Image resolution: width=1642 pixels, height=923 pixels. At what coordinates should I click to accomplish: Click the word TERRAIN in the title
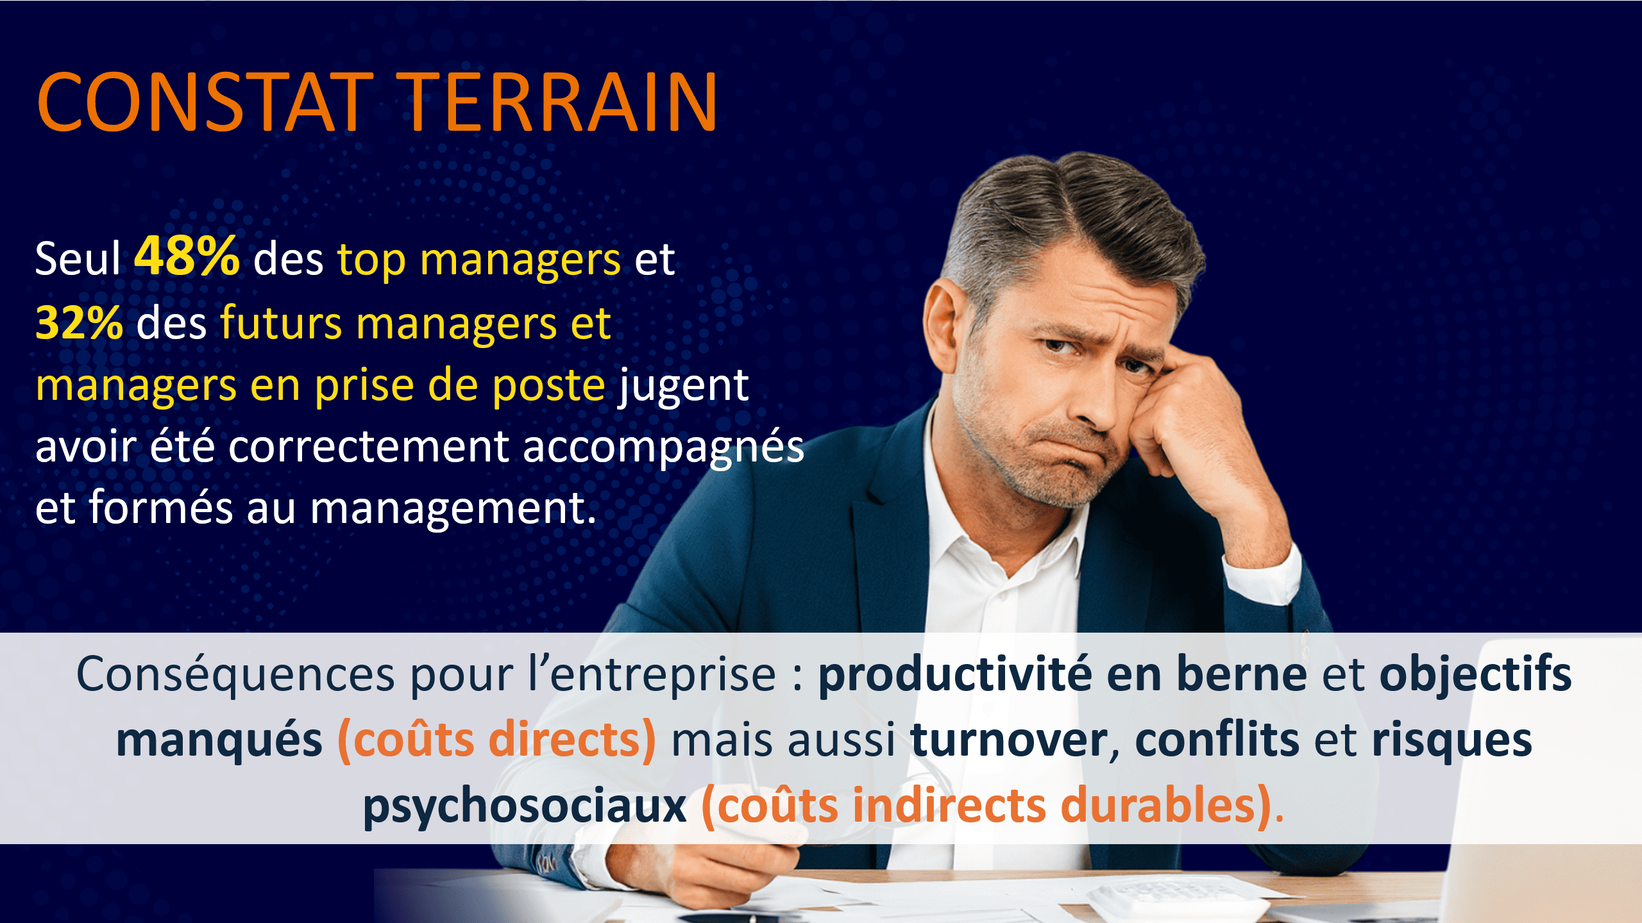tap(557, 102)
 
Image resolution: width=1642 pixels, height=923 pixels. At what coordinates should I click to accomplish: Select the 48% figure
tap(187, 256)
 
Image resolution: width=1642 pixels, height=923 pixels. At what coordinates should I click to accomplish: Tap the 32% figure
tap(79, 322)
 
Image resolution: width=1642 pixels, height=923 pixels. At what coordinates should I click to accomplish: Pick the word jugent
tap(683, 387)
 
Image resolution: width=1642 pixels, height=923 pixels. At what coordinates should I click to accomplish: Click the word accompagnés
tap(663, 448)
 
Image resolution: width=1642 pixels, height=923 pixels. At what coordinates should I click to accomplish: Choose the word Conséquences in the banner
tap(235, 674)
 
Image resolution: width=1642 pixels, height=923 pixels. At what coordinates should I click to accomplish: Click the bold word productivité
tap(955, 674)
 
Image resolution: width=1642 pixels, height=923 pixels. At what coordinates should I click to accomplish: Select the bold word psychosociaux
tap(525, 807)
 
